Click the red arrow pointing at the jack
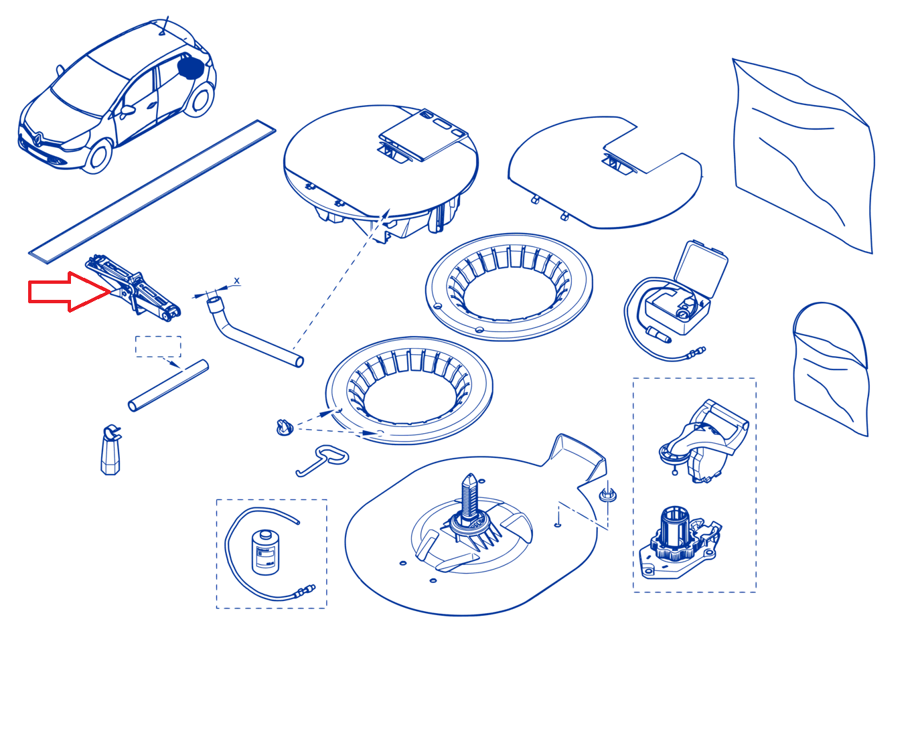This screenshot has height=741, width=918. click(69, 292)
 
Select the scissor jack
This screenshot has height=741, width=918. click(133, 287)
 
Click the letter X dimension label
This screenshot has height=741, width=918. click(236, 281)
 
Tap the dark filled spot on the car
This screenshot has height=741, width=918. click(190, 68)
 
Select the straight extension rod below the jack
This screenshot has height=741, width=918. click(168, 386)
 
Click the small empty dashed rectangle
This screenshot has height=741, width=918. click(158, 346)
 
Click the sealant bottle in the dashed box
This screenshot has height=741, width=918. click(264, 553)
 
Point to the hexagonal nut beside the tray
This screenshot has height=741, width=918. click(607, 495)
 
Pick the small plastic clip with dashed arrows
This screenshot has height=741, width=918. click(285, 427)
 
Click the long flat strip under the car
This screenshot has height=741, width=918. click(152, 191)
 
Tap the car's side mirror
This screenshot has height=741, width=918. click(127, 110)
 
